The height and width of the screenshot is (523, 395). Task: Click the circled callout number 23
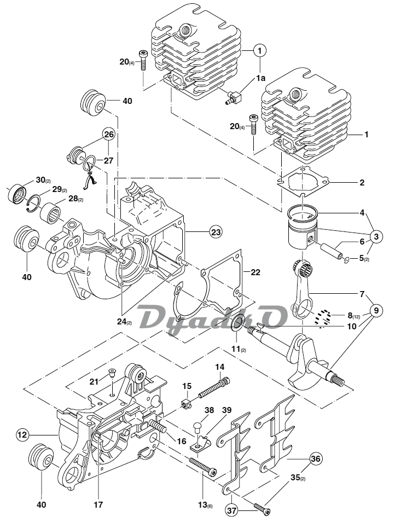pyautogui.click(x=216, y=231)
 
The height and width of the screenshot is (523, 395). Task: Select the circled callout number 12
pyautogui.click(x=22, y=435)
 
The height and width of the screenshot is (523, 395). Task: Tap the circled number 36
pyautogui.click(x=316, y=458)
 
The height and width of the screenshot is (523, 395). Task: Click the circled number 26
pyautogui.click(x=109, y=135)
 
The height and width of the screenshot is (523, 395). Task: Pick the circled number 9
pyautogui.click(x=376, y=311)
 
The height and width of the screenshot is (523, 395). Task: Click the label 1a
pyautogui.click(x=261, y=78)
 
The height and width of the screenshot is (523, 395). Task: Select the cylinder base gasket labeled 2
pyautogui.click(x=303, y=182)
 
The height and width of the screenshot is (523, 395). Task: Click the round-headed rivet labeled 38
pyautogui.click(x=198, y=428)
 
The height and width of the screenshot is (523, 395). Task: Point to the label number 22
pyautogui.click(x=255, y=272)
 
